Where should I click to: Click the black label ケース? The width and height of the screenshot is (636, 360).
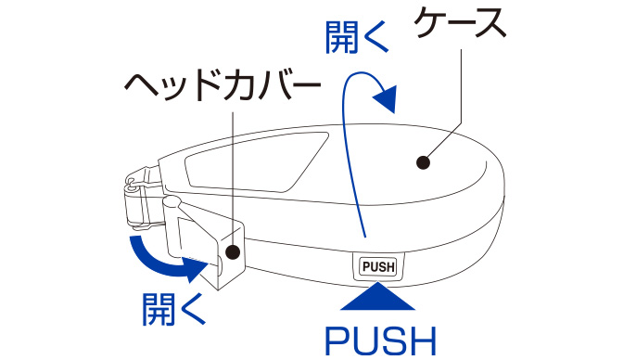coord(461,23)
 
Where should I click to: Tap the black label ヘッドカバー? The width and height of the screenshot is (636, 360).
coord(223,86)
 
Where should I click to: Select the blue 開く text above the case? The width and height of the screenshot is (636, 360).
coord(357,37)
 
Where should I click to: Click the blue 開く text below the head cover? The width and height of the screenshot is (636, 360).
coord(174,309)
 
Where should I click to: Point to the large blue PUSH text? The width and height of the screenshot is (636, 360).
coord(381,342)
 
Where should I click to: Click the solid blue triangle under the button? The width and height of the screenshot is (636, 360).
coord(377,297)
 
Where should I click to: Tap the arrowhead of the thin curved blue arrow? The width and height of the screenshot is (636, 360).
coord(385,99)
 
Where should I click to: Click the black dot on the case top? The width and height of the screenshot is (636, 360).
coord(423,162)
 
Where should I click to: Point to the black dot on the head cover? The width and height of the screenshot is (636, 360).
coord(233,252)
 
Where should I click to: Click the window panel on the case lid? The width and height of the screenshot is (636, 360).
coord(256,161)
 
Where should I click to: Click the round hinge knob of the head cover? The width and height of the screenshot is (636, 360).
coord(172,202)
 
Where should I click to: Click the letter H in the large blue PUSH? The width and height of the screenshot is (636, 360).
coord(422,342)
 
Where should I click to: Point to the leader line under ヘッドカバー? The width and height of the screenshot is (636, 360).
coord(233,178)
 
